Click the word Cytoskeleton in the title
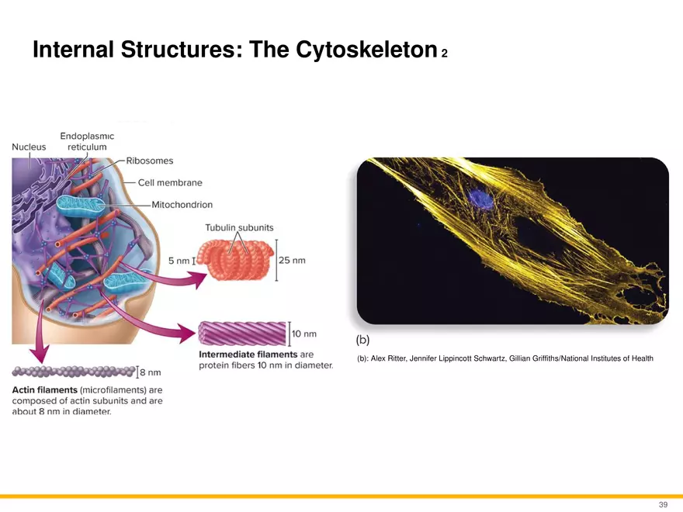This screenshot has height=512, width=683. coord(366,50)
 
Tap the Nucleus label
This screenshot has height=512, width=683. coord(29,147)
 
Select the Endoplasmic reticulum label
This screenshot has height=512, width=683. coord(87,141)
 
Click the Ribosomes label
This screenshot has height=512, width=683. coord(149,161)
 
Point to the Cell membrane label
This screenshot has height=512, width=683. coord(170,182)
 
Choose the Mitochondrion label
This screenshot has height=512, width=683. coord(182,205)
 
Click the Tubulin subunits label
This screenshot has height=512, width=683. coord(239,227)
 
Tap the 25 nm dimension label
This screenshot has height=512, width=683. coord(292,261)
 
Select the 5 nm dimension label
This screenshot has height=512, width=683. coord(179,261)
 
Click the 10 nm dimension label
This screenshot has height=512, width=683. coord(304,334)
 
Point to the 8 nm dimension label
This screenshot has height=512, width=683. coord(151,372)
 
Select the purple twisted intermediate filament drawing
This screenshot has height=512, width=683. coord(242,334)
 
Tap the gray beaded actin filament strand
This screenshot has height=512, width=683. coord(74,372)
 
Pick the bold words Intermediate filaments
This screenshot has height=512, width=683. coord(248,355)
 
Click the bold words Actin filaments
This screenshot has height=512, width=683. coord(44,389)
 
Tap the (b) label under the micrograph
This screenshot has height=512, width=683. coord(362,340)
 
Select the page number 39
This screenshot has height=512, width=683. coord(663,504)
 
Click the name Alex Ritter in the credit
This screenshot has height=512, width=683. coord(388,358)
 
